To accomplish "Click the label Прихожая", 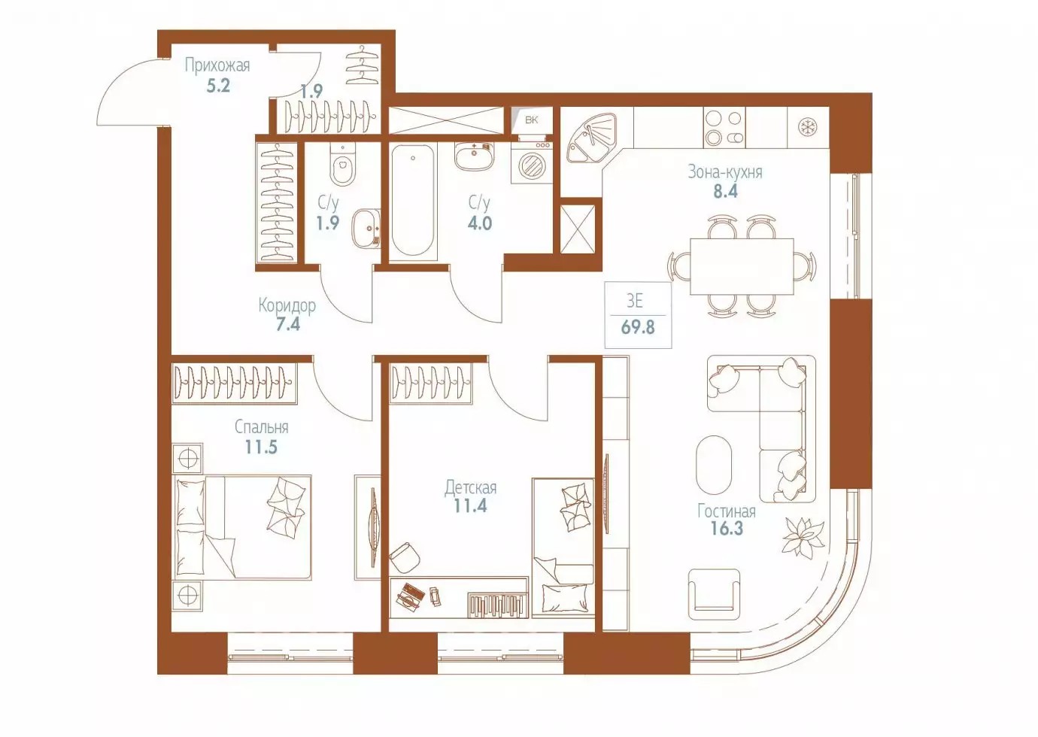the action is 217,65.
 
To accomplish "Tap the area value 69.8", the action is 638,327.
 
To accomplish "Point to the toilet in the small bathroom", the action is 342,164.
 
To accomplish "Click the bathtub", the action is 412,199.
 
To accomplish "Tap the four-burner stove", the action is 724,128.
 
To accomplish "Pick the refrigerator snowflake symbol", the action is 808,126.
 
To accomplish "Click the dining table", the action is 742,266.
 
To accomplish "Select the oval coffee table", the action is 714,465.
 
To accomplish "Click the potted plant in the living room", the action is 803,535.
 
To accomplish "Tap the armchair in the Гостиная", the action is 714,594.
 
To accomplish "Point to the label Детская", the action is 470,488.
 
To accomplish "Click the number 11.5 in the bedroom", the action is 261,447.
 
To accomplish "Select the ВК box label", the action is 532,120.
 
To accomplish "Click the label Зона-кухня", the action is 725,172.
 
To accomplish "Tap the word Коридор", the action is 287,306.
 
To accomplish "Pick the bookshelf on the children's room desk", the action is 497,605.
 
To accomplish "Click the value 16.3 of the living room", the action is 727,529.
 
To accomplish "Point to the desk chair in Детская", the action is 404,558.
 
